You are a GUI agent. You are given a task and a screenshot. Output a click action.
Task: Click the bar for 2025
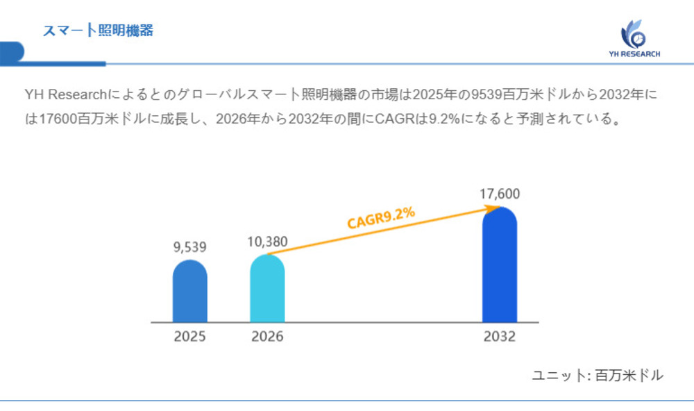(x=189, y=292)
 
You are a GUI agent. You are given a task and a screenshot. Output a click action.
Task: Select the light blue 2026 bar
(x=267, y=289)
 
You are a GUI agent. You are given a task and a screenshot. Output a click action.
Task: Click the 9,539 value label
(x=189, y=246)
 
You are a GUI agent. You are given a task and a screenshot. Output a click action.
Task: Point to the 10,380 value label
(x=267, y=242)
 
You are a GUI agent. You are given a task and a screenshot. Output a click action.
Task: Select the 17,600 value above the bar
(x=499, y=194)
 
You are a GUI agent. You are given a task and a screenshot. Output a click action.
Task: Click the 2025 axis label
(x=189, y=337)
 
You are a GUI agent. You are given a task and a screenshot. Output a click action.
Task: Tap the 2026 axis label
(x=267, y=337)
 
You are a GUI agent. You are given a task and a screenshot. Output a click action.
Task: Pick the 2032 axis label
(x=499, y=337)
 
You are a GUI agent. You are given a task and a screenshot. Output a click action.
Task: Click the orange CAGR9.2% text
(x=381, y=218)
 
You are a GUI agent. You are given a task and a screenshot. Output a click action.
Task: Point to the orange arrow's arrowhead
(x=495, y=207)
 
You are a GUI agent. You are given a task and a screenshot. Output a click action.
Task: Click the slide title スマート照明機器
(x=97, y=31)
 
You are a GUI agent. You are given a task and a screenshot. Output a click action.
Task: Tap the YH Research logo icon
(x=633, y=33)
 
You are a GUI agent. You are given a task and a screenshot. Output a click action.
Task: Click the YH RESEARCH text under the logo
(x=634, y=53)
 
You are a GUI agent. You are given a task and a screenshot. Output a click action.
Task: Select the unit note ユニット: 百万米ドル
(x=597, y=376)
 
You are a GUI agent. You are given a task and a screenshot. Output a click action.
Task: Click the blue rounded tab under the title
(x=12, y=53)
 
